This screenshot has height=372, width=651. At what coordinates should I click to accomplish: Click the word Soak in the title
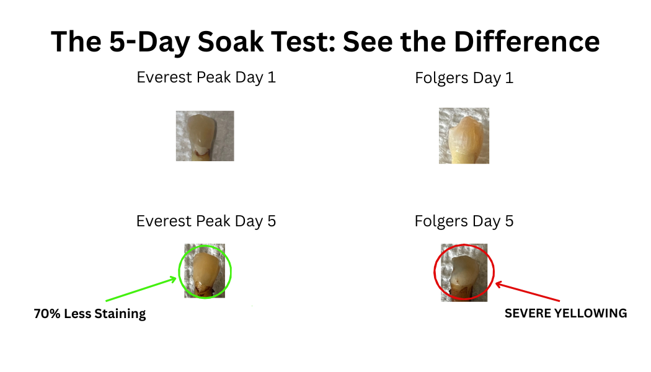click(231, 42)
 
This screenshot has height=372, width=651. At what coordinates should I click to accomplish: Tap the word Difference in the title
click(527, 42)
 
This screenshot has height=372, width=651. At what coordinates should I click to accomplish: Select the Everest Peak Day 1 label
click(206, 77)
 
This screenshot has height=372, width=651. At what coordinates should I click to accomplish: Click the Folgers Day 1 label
click(464, 78)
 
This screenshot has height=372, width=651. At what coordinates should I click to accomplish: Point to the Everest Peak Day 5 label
click(206, 221)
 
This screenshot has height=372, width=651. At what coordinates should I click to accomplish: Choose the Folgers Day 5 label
click(464, 221)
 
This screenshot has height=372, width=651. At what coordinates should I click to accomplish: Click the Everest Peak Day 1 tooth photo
click(205, 136)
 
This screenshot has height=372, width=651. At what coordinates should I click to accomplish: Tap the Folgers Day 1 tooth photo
click(464, 136)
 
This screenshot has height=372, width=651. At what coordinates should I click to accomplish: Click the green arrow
click(141, 289)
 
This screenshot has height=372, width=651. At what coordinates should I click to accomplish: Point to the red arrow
click(528, 291)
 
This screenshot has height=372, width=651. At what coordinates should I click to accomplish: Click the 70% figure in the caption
click(47, 314)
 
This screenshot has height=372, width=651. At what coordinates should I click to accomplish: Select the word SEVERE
click(527, 313)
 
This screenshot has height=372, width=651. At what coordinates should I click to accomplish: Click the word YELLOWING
click(590, 313)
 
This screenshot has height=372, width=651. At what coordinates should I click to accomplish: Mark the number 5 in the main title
click(118, 42)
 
